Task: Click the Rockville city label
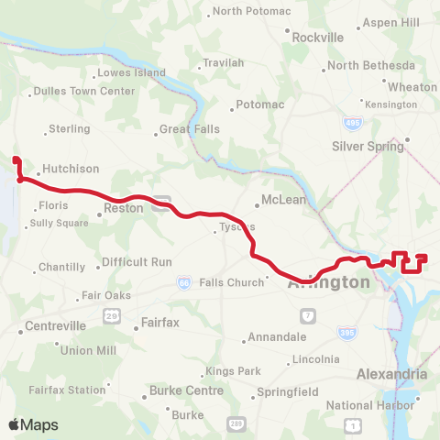pos(317,38)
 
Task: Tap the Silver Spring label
pos(366,146)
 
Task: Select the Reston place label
pos(124,208)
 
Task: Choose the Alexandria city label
pos(391,374)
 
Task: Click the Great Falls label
pos(189,129)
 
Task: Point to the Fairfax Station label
pos(67,390)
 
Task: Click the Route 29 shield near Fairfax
pos(111,316)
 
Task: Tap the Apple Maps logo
pos(33,424)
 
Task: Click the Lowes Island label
pos(131,72)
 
